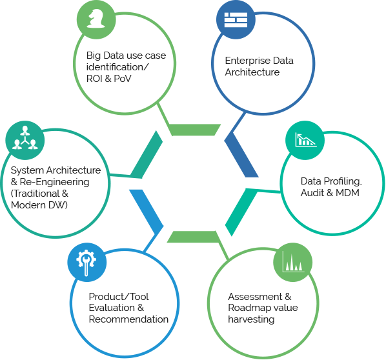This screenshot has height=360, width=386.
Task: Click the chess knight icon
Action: pos(96,19)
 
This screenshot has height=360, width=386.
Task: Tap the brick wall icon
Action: pos(236,20)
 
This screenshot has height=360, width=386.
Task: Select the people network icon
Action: pos(25,138)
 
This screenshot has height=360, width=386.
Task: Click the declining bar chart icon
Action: pos(305,140)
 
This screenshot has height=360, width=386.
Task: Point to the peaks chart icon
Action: pos(293,261)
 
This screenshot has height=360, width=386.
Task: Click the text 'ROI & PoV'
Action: pos(109,79)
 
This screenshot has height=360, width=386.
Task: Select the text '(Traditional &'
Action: pos(39,194)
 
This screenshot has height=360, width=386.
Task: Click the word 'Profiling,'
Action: pos(342,181)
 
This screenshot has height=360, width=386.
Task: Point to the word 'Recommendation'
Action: pos(128,319)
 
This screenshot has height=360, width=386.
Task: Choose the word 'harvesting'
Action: pos(251,319)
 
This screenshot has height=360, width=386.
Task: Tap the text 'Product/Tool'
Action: pos(119,297)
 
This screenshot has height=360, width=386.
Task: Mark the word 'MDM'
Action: pos(347,193)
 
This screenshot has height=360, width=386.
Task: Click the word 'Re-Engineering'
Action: pos(54,183)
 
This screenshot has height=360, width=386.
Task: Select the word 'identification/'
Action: pos(117,67)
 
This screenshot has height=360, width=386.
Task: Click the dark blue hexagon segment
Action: pos(241,155)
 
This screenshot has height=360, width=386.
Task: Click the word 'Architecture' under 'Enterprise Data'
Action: pos(252,72)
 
